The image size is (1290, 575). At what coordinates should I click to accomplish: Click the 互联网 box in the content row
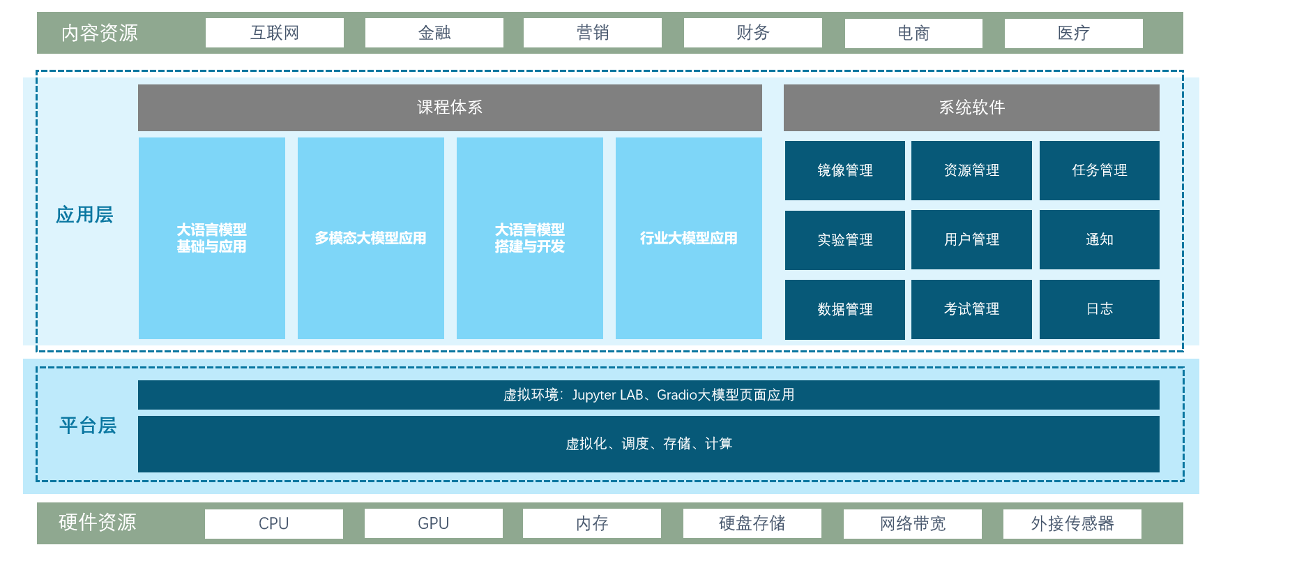274,33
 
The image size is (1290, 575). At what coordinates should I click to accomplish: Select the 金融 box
434,33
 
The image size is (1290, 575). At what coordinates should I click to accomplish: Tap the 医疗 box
1073,33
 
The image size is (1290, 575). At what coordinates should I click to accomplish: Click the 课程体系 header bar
450,107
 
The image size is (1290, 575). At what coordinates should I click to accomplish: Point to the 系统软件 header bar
971,107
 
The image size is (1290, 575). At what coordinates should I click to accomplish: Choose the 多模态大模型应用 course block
370,238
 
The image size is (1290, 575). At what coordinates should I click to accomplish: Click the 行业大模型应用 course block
688,238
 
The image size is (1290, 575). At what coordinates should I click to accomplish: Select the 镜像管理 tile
844,170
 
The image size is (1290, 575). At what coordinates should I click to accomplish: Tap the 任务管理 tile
1099,170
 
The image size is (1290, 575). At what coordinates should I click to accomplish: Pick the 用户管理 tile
971,239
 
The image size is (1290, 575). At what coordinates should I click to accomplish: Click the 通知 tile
1099,239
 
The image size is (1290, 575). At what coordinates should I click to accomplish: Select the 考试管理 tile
971,309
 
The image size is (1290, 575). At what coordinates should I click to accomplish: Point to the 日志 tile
1099,309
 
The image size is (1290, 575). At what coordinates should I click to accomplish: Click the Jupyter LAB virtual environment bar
648,395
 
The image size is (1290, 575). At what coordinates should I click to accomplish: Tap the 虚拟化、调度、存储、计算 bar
648,444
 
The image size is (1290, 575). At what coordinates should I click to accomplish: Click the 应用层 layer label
84,215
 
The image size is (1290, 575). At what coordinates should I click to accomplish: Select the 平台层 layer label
88,426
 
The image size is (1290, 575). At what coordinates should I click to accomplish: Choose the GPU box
433,523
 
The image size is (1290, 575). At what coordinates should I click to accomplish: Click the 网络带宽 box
912,523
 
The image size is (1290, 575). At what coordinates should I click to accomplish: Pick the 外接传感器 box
1072,523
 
